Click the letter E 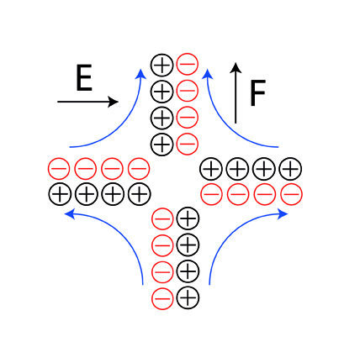84,77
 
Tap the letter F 257,93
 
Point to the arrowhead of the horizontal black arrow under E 114,102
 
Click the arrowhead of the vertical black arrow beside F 236,68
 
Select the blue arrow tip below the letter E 141,73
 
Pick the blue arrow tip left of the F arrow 207,74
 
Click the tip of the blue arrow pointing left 70,214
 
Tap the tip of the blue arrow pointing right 283,214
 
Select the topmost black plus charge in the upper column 161,65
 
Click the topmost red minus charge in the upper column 188,64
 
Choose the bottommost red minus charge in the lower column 162,298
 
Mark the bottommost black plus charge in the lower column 188,297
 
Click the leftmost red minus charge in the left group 59,169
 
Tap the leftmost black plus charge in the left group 60,194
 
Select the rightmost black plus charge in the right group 290,169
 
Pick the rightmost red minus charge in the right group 291,194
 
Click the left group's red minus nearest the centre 139,169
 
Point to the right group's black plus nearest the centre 211,169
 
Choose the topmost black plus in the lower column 188,218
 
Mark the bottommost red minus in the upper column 188,144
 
